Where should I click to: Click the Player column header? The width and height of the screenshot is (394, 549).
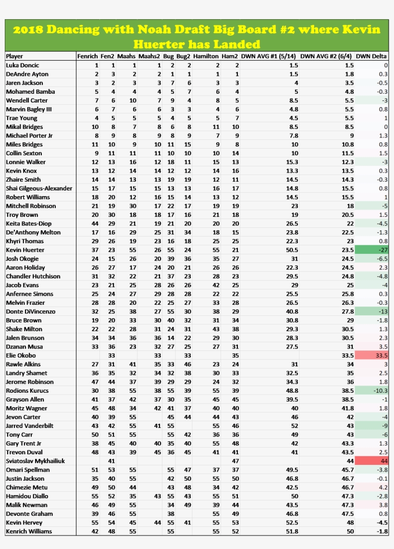point(14,56)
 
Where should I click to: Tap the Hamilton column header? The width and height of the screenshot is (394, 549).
point(206,56)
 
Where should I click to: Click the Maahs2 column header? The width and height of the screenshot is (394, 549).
point(149,56)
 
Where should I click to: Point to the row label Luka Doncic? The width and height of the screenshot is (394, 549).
point(23,65)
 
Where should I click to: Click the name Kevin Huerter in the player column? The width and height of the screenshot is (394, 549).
point(25,250)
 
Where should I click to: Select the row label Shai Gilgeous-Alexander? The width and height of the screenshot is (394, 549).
point(39,188)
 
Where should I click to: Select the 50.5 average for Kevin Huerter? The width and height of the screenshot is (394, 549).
point(292,250)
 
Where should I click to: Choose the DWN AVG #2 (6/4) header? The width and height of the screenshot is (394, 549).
point(327,56)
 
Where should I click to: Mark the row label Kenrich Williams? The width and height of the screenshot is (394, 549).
point(29,531)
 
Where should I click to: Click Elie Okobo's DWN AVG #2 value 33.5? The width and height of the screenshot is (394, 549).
point(347,356)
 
